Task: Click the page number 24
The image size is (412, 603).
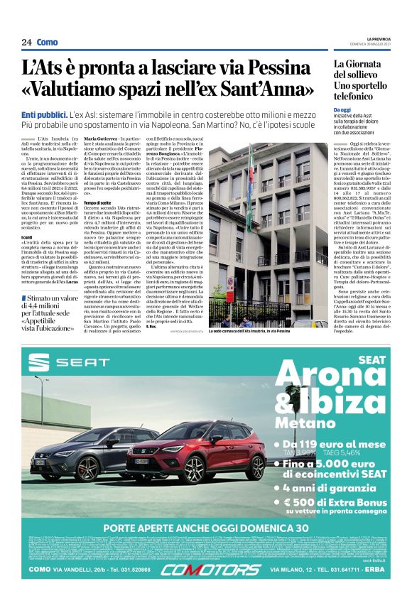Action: [x=26, y=43]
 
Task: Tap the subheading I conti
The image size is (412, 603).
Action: [x=27, y=237]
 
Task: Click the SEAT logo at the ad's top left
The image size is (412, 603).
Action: [x=60, y=365]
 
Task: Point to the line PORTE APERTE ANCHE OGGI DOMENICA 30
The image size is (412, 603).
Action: [x=206, y=528]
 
